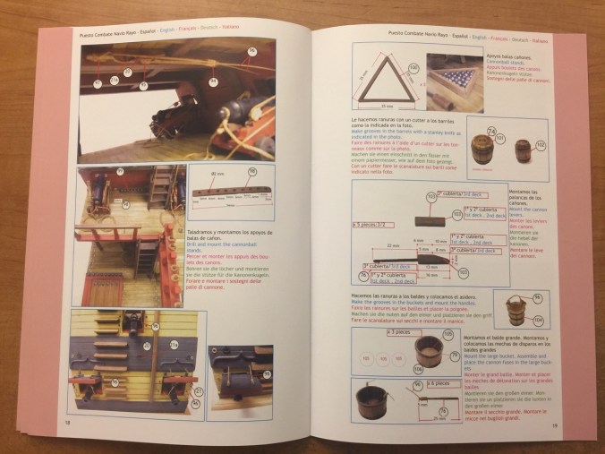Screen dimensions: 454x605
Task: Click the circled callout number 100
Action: (x=413, y=66)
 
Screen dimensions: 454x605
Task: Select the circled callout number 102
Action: (x=541, y=143)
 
